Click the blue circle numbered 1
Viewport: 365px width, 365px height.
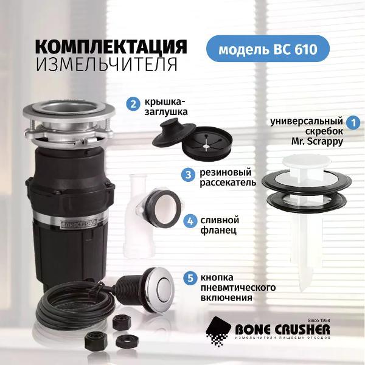353,122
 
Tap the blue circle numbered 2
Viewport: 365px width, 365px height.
133,103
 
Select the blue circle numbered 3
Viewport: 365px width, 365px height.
189,175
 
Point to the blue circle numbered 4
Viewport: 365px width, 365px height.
190,221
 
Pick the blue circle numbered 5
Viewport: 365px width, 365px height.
190,279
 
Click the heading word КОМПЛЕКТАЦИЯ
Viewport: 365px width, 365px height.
111,46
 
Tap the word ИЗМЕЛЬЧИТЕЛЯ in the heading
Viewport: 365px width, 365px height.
106,64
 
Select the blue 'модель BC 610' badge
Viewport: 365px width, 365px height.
268,49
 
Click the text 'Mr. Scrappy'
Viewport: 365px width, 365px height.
318,142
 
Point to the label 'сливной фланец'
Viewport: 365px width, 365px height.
220,225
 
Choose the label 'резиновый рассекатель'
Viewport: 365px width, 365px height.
228,178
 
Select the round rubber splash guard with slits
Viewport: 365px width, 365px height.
207,144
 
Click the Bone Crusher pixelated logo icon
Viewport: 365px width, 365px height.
218,331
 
